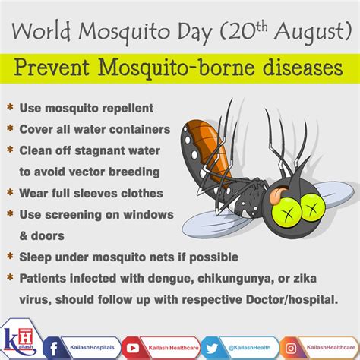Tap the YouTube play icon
tap(133, 349)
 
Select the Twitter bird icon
tap(212, 348)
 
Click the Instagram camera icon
tap(291, 349)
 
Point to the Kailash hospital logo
tap(19, 340)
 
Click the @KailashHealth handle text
tap(249, 348)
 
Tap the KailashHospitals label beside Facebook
tap(92, 347)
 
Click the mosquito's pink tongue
tap(275, 195)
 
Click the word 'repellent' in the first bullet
tap(128, 109)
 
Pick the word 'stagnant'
tap(99, 151)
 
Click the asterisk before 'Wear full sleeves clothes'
tap(10, 193)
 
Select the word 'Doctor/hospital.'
tap(292, 300)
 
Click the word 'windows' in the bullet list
tap(148, 215)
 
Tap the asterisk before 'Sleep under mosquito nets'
tap(10, 257)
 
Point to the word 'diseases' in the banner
tap(302, 68)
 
